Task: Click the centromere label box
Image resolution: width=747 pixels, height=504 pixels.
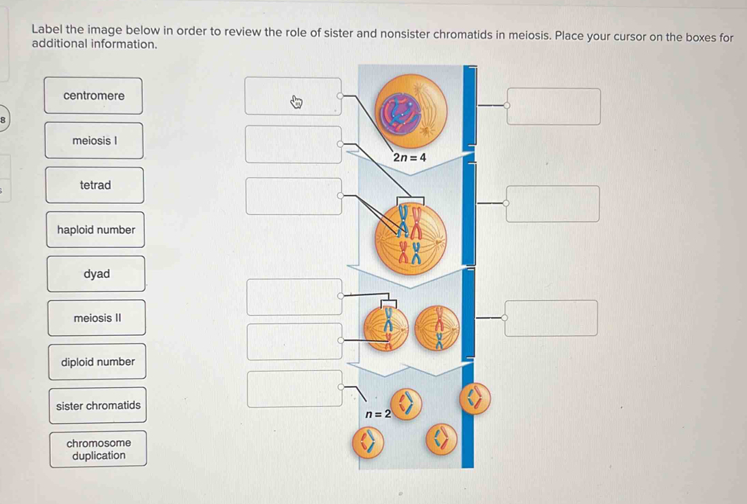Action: click(x=94, y=96)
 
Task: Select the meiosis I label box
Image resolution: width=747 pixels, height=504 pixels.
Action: click(x=95, y=141)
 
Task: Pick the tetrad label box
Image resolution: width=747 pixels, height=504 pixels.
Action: click(x=95, y=185)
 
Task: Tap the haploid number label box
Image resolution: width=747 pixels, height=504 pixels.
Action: click(x=96, y=230)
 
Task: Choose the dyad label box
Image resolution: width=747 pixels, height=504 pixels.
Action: click(x=96, y=274)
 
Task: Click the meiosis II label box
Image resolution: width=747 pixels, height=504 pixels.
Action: click(x=97, y=318)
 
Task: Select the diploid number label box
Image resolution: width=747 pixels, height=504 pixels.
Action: click(x=97, y=362)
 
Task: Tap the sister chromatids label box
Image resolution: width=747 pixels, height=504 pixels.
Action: click(x=98, y=406)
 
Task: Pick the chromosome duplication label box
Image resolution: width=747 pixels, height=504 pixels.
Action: click(x=98, y=449)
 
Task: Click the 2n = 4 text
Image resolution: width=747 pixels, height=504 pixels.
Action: click(x=410, y=158)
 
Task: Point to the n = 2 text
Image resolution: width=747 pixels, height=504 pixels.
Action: click(x=378, y=414)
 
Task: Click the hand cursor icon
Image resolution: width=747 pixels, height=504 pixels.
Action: click(x=297, y=103)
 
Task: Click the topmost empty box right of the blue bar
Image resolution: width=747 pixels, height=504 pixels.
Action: click(x=554, y=106)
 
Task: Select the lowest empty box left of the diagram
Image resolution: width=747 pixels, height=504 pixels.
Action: click(x=295, y=389)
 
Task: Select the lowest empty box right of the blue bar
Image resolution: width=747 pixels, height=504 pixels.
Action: click(x=552, y=318)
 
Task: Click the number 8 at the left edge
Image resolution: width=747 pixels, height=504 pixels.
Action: click(x=3, y=119)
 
